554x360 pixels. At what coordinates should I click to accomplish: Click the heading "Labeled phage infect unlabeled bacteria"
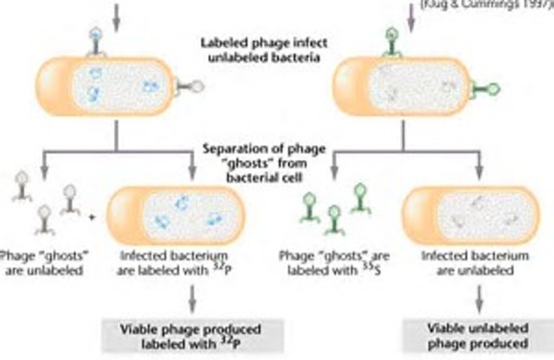(274, 48)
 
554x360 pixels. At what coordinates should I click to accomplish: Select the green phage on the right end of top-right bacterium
(503, 87)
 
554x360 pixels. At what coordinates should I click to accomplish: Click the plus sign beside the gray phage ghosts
(94, 209)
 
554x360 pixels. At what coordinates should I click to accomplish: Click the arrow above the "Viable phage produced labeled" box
(191, 298)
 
